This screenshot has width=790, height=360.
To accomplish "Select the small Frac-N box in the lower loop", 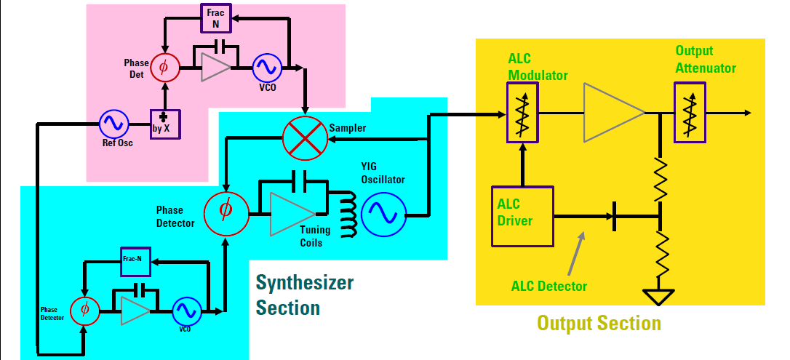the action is click(x=136, y=261).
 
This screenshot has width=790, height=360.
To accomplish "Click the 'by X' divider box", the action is click(x=165, y=124).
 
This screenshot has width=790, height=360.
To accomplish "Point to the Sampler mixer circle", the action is click(x=304, y=138).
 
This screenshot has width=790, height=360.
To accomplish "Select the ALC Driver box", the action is click(x=522, y=216).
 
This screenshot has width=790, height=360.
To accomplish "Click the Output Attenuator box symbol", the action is click(x=690, y=112).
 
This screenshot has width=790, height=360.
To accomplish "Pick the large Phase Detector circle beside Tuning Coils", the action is click(x=226, y=209).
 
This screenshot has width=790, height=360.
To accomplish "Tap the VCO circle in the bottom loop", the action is click(x=188, y=312).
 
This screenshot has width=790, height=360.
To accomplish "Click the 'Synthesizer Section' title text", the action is click(x=305, y=295).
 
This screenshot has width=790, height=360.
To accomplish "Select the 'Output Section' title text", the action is click(x=599, y=323).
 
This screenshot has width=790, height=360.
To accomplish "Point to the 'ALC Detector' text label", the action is click(x=549, y=287).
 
